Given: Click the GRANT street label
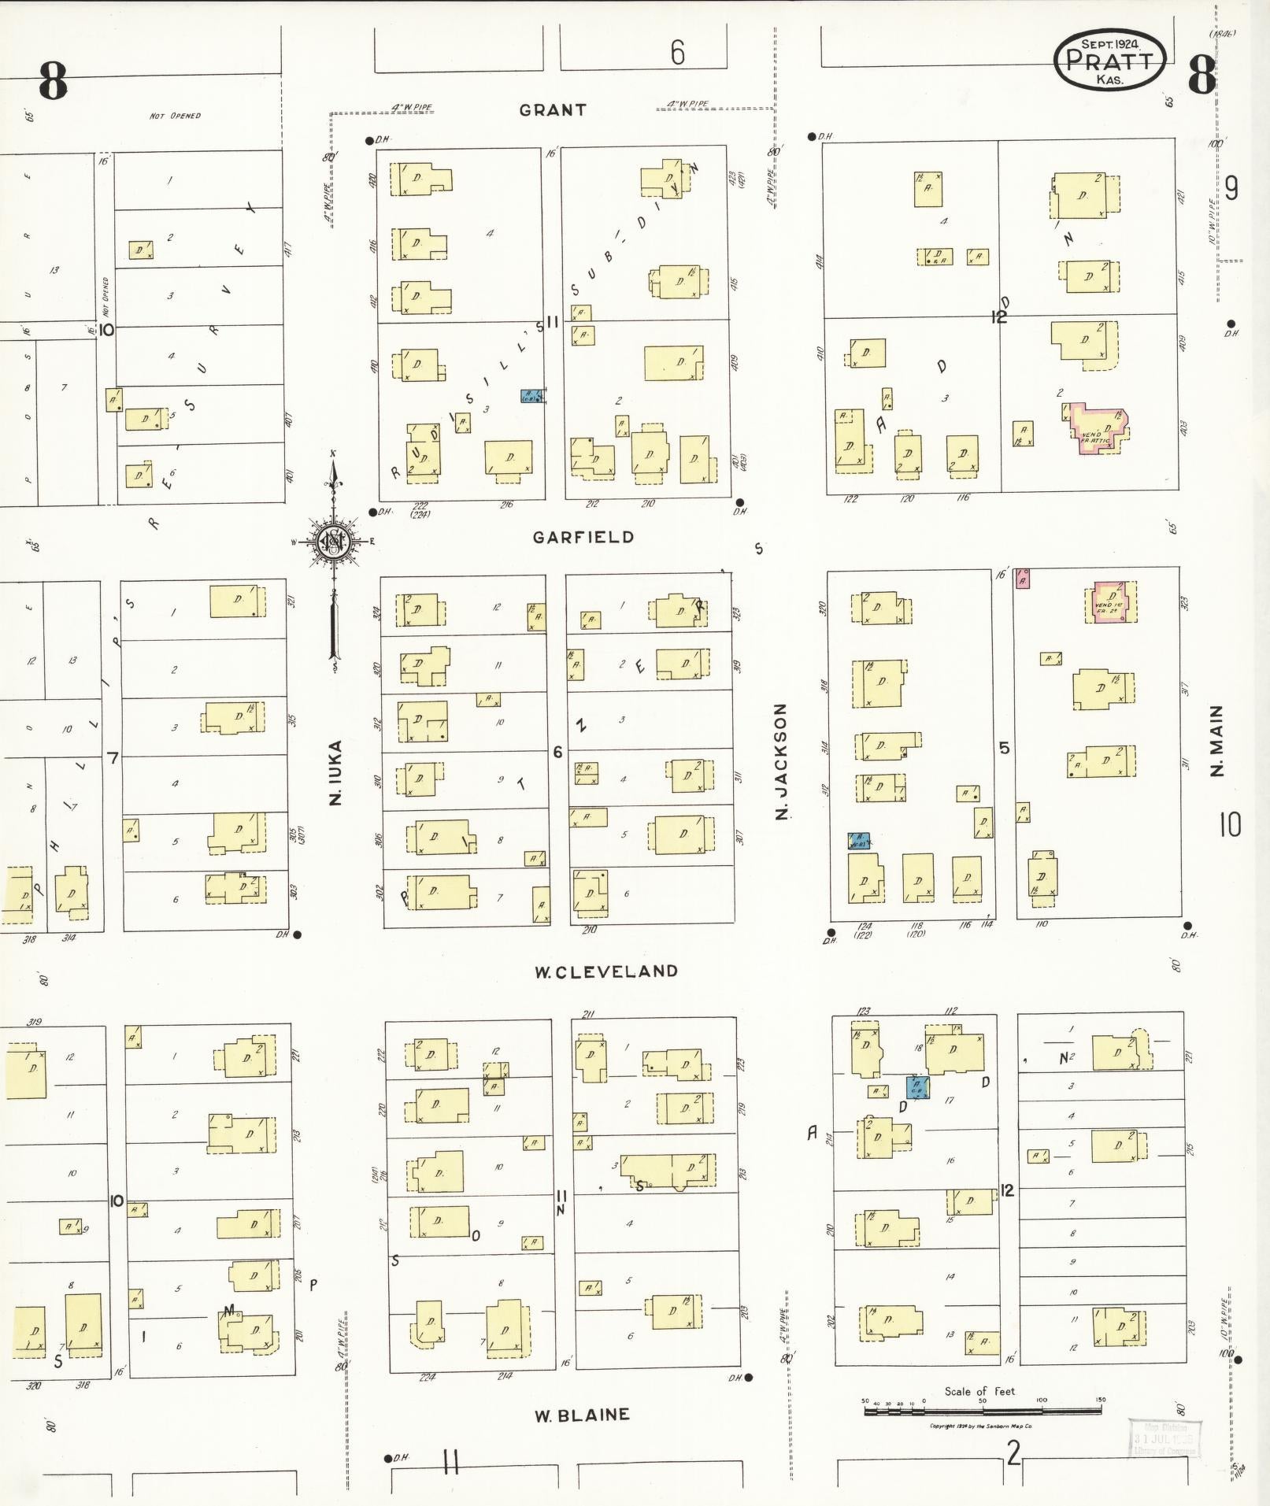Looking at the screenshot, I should coord(553,110).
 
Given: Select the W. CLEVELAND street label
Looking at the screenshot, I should coord(605,971).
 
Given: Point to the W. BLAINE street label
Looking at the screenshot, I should coord(582,1415).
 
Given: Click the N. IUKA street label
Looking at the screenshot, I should coord(336,772).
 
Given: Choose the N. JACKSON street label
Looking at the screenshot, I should coord(781,761).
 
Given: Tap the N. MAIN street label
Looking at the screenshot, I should coord(1217,741).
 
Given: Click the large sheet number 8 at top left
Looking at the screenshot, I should coord(53,82).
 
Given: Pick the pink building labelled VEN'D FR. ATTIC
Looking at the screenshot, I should coord(1095,429).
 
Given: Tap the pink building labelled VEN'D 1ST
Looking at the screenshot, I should coord(1111,602).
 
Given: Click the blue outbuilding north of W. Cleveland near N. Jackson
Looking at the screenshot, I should coord(858,840).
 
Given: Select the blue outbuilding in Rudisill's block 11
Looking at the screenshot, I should coord(531,396).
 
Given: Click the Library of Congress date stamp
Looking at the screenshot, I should coord(1164,1438).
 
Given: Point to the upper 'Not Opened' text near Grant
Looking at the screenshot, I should coord(175,116).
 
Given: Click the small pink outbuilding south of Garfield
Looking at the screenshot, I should coord(1023,578).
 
